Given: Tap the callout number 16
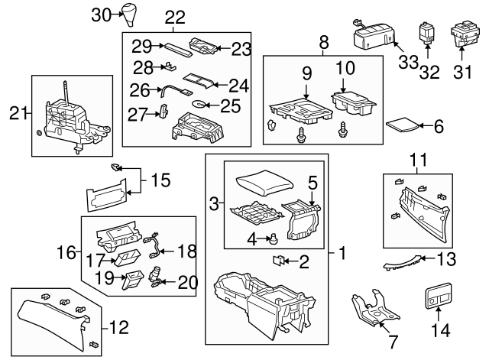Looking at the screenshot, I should [68, 250].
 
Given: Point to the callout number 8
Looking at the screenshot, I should [322, 41].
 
